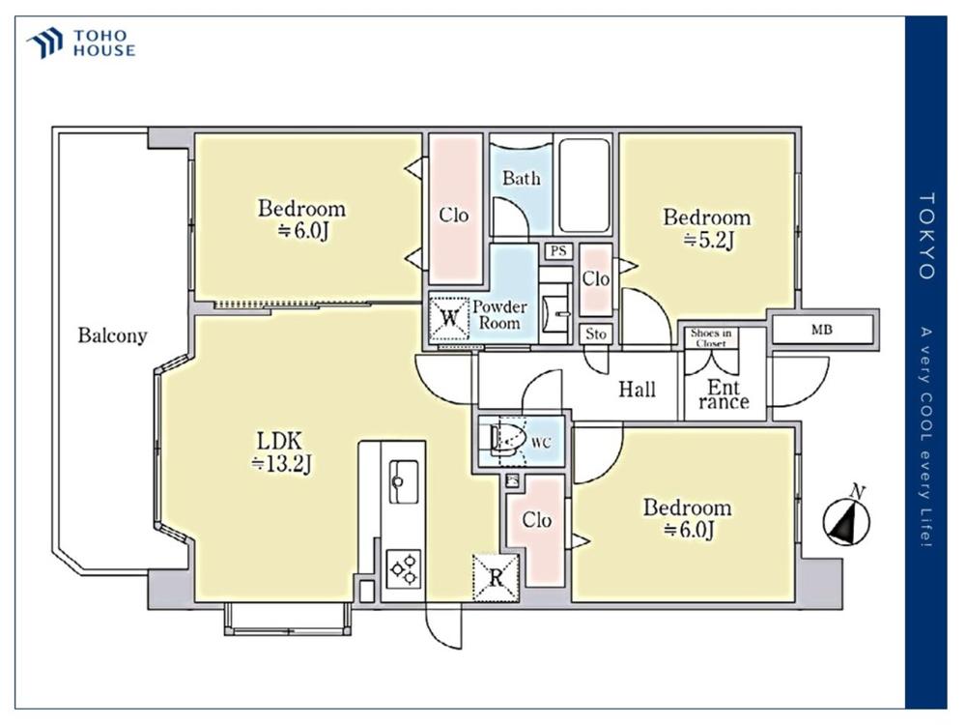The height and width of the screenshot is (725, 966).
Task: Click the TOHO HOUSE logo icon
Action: pyautogui.click(x=44, y=43)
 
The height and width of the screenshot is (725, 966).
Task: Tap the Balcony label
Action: pyautogui.click(x=113, y=335)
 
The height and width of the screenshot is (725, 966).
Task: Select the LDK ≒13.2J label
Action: pyautogui.click(x=281, y=451)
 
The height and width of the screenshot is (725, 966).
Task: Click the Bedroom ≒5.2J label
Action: pyautogui.click(x=707, y=229)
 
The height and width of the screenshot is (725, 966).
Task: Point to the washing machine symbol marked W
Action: pyautogui.click(x=450, y=318)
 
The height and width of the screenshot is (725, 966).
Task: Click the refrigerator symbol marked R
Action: pyautogui.click(x=496, y=578)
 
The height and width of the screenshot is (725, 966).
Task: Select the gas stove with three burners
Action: pyautogui.click(x=404, y=569)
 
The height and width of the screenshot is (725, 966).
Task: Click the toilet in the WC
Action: pyautogui.click(x=507, y=440)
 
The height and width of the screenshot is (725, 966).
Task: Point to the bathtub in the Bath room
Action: pyautogui.click(x=584, y=185)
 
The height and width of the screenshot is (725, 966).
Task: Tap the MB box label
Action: pyautogui.click(x=822, y=330)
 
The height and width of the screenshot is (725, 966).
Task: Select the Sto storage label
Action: pyautogui.click(x=596, y=334)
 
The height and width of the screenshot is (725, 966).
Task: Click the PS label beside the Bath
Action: pyautogui.click(x=558, y=251)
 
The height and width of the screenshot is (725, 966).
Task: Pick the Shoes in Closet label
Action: pyautogui.click(x=711, y=337)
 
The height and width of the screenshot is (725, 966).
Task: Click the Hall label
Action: pyautogui.click(x=637, y=390)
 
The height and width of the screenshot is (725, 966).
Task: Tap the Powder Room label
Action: pyautogui.click(x=499, y=314)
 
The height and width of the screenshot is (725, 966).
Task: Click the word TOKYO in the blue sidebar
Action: pyautogui.click(x=926, y=236)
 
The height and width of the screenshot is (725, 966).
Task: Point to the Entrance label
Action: pyautogui.click(x=724, y=394)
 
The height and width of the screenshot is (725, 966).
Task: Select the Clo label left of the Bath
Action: pyautogui.click(x=454, y=216)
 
